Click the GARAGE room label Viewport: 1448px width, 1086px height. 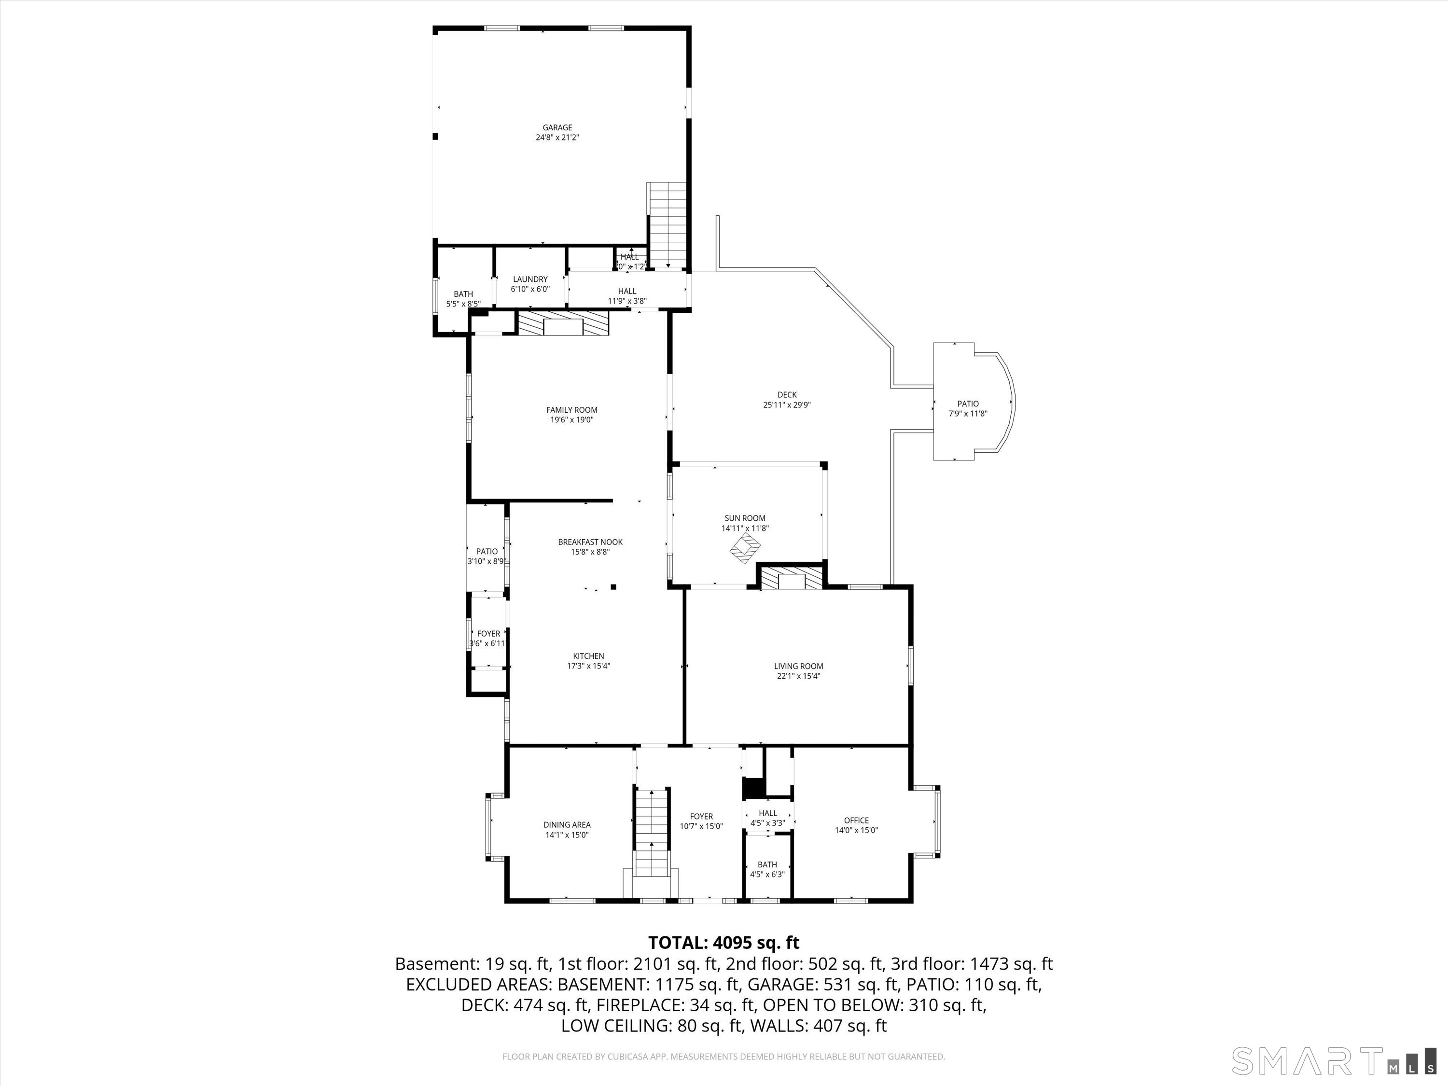(x=557, y=127)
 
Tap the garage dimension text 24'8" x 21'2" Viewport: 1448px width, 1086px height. (x=557, y=138)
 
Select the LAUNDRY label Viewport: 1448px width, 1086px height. (x=530, y=279)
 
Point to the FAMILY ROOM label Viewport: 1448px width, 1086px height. (x=571, y=410)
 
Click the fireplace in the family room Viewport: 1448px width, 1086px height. (x=563, y=324)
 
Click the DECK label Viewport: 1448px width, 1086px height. (x=787, y=395)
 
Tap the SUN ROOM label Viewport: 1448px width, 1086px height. (x=745, y=518)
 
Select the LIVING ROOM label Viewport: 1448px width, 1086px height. (x=798, y=667)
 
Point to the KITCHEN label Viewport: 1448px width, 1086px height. (x=588, y=656)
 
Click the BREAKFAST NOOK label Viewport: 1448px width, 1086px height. (x=590, y=542)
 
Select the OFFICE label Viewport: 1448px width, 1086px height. (x=856, y=820)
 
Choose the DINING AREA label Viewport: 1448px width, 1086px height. (x=567, y=825)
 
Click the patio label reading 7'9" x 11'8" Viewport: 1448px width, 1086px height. (x=968, y=414)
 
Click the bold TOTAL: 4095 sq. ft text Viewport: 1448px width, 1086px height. (x=724, y=943)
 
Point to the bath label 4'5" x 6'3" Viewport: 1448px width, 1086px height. (x=767, y=874)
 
